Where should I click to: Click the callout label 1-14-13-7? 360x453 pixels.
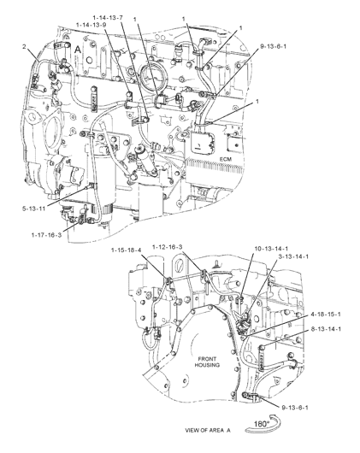click(108, 18)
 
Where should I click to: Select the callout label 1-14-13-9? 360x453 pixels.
click(91, 25)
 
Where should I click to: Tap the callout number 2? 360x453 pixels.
click(24, 46)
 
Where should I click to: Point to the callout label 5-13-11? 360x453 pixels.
click(34, 208)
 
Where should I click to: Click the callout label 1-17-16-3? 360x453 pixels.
click(46, 234)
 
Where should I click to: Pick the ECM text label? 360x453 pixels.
click(226, 159)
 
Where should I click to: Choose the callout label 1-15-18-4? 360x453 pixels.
click(126, 250)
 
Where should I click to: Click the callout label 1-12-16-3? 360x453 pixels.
click(168, 247)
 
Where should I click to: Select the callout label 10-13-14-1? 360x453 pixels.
click(271, 249)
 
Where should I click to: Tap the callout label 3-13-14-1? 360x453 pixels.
click(293, 256)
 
